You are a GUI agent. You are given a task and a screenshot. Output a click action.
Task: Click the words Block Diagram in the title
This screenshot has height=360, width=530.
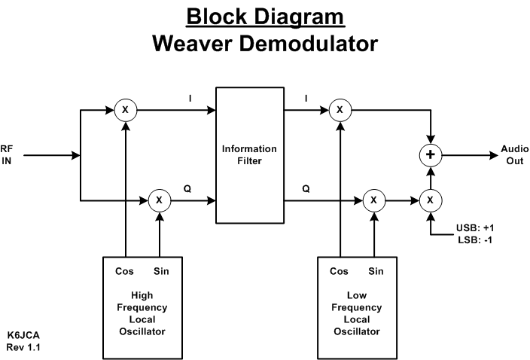[x=265, y=16]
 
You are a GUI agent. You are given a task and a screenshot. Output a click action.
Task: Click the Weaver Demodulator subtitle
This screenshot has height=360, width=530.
[x=265, y=43]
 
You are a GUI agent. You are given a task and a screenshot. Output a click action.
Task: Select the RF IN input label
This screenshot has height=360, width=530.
[x=8, y=156]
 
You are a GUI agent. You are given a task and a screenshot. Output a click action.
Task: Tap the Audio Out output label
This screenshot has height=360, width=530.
[x=515, y=156]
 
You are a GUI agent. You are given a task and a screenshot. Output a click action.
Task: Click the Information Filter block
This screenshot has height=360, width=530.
[x=249, y=154]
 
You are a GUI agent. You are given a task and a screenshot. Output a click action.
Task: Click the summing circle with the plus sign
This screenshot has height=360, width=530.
[x=429, y=156]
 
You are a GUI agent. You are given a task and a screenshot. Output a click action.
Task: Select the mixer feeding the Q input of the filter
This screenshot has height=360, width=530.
[x=160, y=200]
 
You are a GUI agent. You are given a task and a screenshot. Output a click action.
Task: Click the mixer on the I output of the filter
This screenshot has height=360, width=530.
[x=340, y=110]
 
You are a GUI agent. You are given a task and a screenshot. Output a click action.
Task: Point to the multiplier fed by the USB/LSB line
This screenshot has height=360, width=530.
[x=430, y=200]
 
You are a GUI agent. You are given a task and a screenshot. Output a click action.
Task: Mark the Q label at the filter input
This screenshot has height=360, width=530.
[x=187, y=190]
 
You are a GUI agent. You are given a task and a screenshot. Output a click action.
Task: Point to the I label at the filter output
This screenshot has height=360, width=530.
[x=306, y=99]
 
